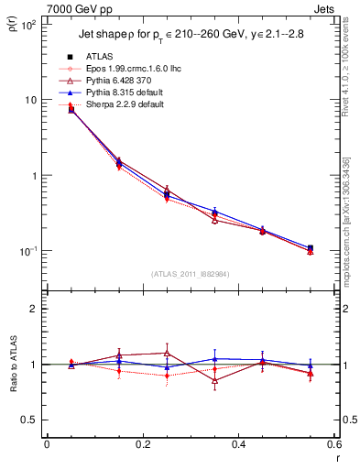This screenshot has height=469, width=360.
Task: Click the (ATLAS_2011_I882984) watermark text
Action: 191,273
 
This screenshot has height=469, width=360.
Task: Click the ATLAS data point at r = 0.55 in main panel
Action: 311,248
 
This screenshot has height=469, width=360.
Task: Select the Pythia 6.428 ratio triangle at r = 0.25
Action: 167,353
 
